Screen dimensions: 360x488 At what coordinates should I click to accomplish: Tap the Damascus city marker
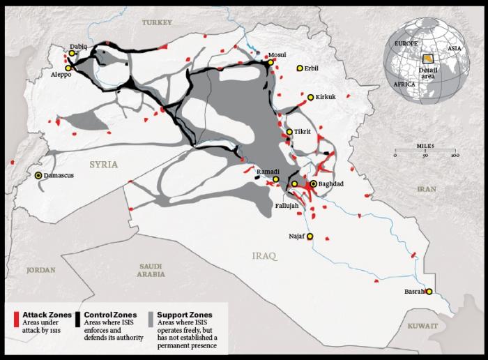(x=38, y=176)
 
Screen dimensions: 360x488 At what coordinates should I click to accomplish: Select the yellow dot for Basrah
(x=429, y=292)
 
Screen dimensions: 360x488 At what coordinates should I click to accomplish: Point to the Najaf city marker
(x=310, y=237)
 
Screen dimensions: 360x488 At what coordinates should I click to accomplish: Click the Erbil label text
(x=312, y=68)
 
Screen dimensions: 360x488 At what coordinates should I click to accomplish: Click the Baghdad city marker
(x=314, y=183)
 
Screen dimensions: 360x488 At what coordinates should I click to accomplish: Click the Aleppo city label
(x=60, y=75)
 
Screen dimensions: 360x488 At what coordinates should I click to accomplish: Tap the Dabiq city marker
(x=72, y=53)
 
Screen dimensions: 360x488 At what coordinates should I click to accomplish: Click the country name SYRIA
(x=103, y=165)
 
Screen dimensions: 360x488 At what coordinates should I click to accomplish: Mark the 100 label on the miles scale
(x=454, y=155)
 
